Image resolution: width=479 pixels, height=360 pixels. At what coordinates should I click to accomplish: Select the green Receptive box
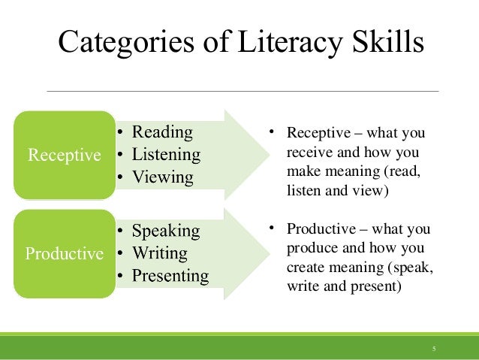(x=65, y=156)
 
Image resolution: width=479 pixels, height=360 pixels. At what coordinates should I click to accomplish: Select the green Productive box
(x=65, y=253)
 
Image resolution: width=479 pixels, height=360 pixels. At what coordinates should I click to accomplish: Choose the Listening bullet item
(x=167, y=156)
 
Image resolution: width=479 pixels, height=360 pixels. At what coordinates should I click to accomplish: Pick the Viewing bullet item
(x=163, y=178)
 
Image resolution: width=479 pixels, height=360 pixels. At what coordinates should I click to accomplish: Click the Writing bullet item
(x=160, y=253)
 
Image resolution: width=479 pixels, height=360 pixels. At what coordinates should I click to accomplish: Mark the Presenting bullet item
(x=170, y=276)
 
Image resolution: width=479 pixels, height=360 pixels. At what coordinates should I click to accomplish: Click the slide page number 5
(x=433, y=348)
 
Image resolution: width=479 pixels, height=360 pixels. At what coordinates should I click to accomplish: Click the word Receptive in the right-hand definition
(x=315, y=135)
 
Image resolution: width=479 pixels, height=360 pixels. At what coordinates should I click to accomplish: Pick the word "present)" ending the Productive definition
(x=375, y=286)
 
